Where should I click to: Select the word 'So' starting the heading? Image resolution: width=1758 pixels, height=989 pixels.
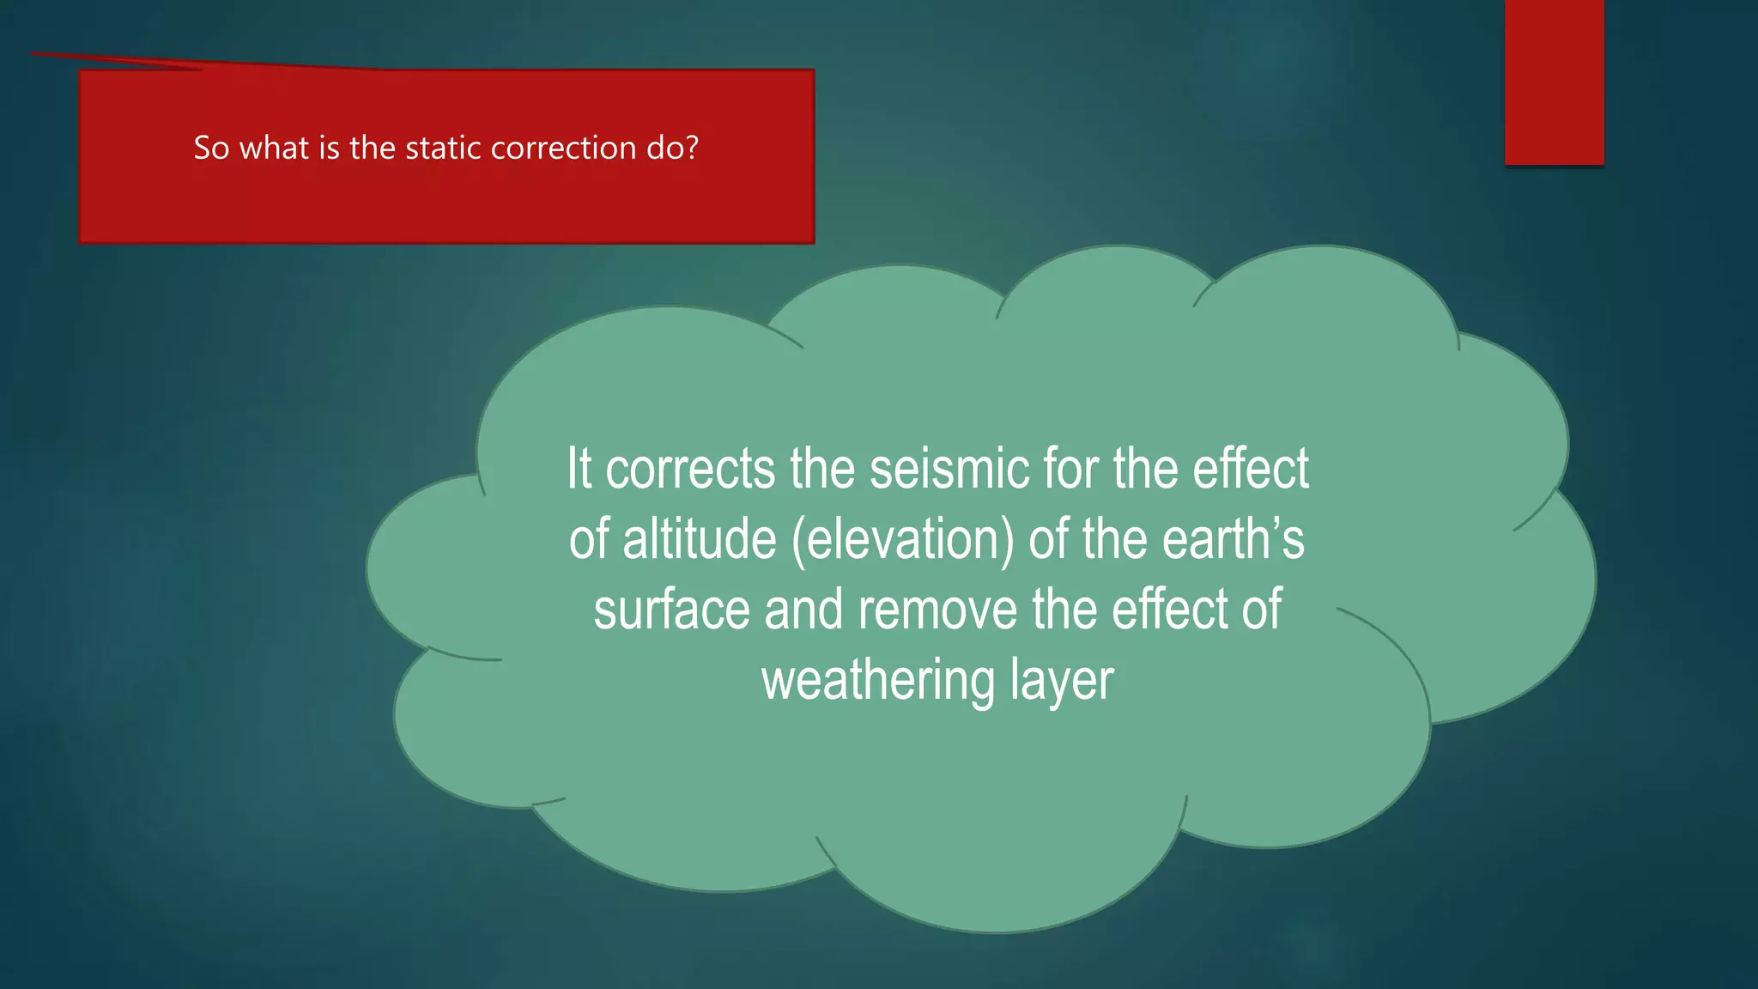tap(211, 149)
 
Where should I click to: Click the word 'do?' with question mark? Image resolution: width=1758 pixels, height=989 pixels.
tap(673, 149)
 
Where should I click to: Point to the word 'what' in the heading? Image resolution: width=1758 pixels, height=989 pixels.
tap(274, 149)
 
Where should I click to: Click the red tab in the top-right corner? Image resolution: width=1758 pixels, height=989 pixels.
tap(1554, 82)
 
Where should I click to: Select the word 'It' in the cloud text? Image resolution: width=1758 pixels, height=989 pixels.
tap(579, 470)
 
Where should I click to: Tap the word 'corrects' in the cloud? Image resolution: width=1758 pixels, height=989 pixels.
tap(690, 470)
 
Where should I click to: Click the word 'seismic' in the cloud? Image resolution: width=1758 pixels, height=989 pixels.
tap(949, 470)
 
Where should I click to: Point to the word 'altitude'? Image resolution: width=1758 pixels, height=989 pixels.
tap(699, 540)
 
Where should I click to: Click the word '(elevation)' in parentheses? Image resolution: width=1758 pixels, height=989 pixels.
tap(902, 540)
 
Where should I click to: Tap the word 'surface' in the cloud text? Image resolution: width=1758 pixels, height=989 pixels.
tap(671, 610)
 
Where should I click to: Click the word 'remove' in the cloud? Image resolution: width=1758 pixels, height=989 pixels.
tap(937, 610)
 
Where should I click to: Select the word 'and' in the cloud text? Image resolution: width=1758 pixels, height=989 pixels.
tap(803, 610)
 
